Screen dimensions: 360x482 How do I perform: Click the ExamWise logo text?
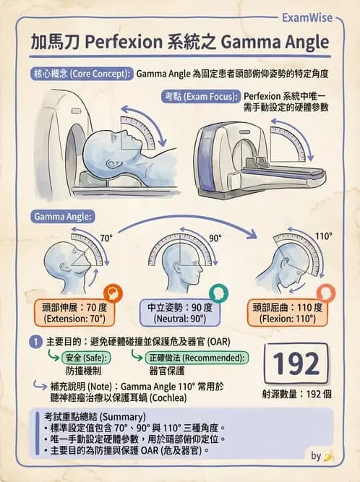[307, 18]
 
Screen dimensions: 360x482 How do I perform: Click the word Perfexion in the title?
[124, 42]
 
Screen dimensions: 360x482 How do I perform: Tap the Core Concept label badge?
[82, 74]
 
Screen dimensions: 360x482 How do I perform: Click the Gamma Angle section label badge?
[62, 216]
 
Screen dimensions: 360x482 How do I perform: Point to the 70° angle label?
[106, 238]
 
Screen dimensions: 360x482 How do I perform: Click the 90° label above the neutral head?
[215, 238]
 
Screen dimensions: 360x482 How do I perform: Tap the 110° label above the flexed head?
[323, 236]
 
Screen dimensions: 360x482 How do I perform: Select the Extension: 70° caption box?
[74, 313]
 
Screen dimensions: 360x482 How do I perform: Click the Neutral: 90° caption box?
[180, 313]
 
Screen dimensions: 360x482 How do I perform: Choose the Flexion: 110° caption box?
[288, 313]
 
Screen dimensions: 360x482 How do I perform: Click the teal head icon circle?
[218, 293]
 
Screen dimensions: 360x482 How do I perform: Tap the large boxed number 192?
[296, 363]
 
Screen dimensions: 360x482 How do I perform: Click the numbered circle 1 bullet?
[36, 342]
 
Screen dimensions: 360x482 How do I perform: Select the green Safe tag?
[86, 358]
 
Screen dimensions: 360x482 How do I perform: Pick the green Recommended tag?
[197, 358]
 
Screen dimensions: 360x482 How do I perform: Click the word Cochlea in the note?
[169, 398]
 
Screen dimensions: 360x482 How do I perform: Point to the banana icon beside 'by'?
[329, 456]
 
